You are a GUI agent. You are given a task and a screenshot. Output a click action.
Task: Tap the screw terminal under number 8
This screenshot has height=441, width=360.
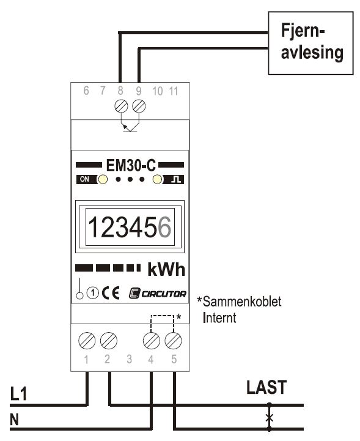point(122,106)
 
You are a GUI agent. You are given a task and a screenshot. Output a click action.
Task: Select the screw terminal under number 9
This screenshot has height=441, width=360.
point(139,106)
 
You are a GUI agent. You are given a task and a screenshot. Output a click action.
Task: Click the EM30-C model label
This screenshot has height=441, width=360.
point(131,165)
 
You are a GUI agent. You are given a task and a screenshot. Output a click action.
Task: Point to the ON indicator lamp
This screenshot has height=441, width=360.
point(102,179)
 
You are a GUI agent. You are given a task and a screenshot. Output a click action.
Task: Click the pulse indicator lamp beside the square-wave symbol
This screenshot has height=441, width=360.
point(158,179)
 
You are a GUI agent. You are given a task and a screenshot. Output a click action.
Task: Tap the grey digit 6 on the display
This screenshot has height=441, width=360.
point(164,228)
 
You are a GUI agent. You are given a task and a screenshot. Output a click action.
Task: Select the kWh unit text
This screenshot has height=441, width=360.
point(166,270)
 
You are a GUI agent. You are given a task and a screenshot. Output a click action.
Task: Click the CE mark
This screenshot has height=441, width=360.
point(111,293)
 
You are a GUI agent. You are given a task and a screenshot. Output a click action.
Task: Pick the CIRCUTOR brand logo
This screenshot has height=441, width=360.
point(157,294)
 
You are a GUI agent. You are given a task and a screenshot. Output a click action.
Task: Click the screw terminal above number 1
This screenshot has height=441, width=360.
point(87,341)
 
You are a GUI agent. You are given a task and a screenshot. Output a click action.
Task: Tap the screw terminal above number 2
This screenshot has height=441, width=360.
point(108,341)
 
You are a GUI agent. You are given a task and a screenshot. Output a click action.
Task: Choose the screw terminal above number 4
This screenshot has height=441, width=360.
point(152,341)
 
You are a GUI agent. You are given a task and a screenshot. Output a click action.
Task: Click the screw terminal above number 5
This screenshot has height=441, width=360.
point(173,341)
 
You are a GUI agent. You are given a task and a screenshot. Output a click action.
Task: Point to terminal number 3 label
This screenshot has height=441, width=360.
point(129,359)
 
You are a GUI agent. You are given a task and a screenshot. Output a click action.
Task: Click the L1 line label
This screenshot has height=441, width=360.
point(18,393)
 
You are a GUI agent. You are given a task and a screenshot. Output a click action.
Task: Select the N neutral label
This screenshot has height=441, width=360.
point(14,420)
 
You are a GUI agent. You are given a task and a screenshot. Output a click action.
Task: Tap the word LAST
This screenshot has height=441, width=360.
point(266,387)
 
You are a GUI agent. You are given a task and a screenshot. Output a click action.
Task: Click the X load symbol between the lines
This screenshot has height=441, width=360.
point(269,418)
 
